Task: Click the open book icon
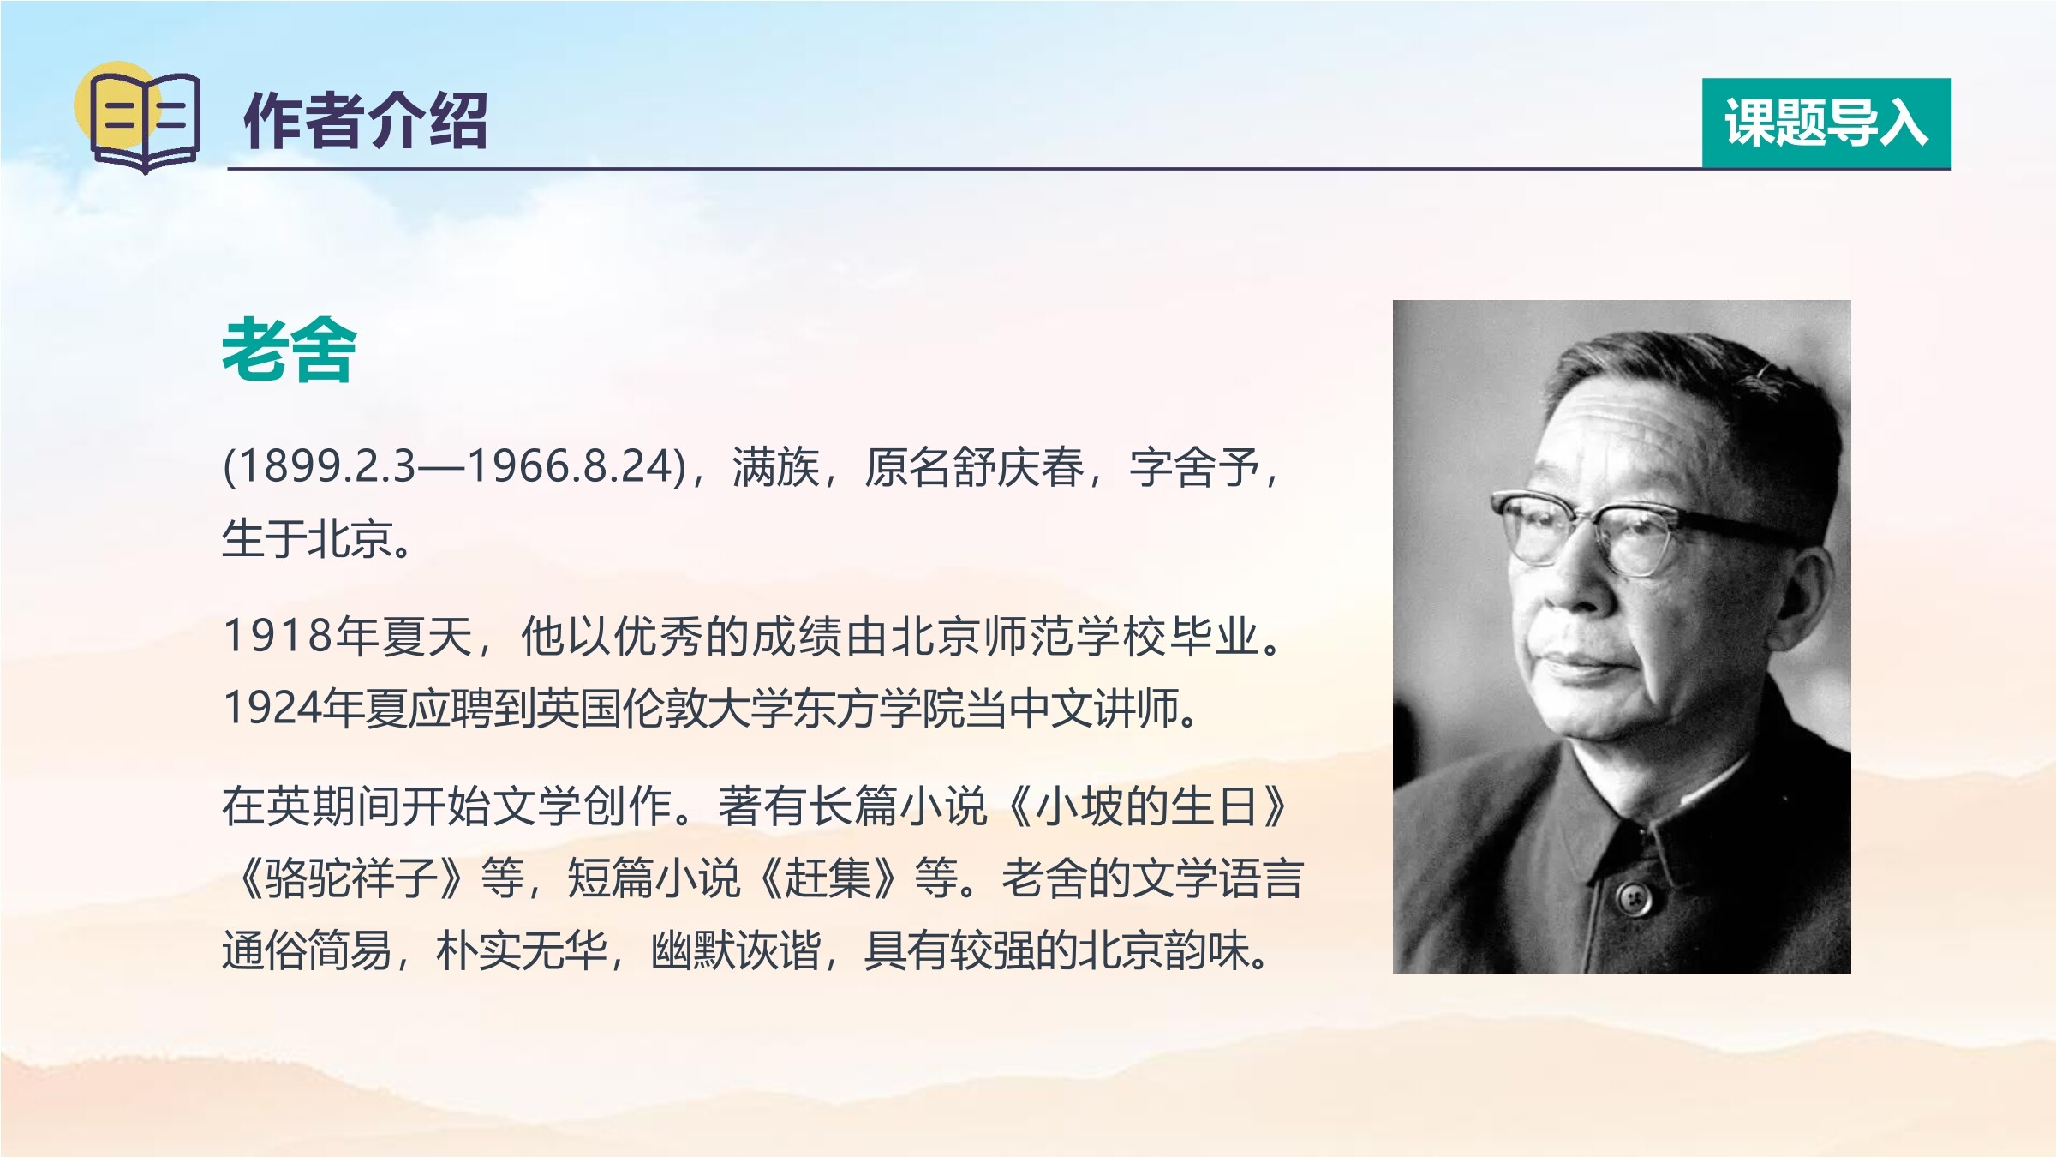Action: click(x=145, y=119)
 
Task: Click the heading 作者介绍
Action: click(x=366, y=121)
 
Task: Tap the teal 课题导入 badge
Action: click(x=1826, y=123)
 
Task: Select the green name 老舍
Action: click(x=289, y=349)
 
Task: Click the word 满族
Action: click(x=775, y=468)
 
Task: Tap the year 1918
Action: click(x=278, y=637)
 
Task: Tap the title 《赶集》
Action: click(x=828, y=878)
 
